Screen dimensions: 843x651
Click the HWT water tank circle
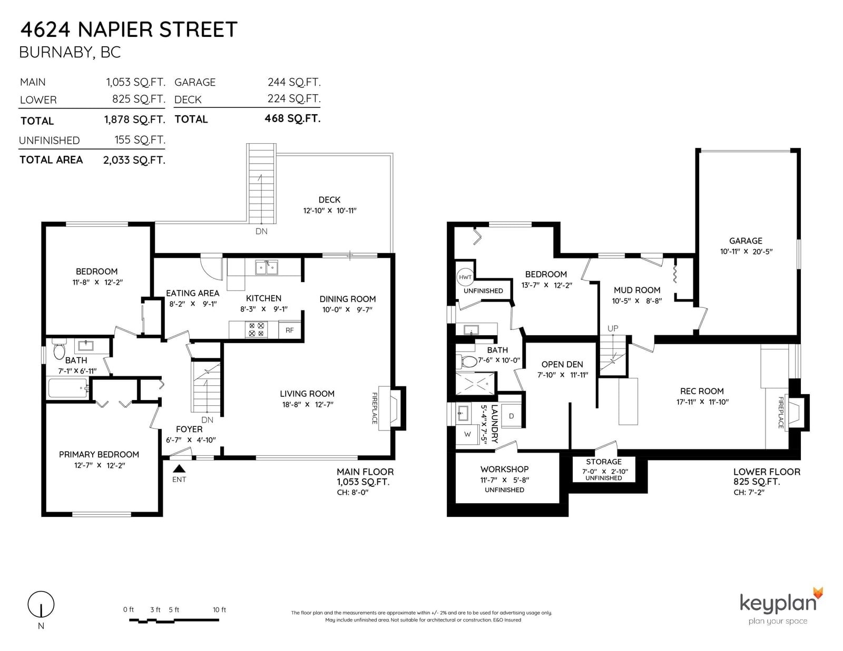(x=465, y=277)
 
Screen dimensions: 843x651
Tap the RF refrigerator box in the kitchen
(x=289, y=330)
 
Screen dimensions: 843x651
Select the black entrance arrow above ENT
(x=179, y=468)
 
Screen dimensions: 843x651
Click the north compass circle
(x=41, y=604)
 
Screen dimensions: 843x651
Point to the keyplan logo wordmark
(x=778, y=604)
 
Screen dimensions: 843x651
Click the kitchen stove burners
(x=256, y=330)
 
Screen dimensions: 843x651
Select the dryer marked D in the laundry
(x=511, y=416)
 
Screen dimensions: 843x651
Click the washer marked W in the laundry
(x=467, y=435)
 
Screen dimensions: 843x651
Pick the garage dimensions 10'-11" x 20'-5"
(x=746, y=252)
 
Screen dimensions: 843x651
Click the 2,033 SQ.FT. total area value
(x=134, y=160)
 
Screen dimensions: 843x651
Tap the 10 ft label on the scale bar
(x=219, y=610)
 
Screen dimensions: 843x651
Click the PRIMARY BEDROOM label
(x=99, y=455)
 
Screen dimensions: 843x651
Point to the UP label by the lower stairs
(x=613, y=328)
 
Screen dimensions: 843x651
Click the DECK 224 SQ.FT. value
(x=293, y=99)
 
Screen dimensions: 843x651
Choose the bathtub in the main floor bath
(x=68, y=387)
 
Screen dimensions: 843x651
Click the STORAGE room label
(x=604, y=462)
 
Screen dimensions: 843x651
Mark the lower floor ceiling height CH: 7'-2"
(x=749, y=493)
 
